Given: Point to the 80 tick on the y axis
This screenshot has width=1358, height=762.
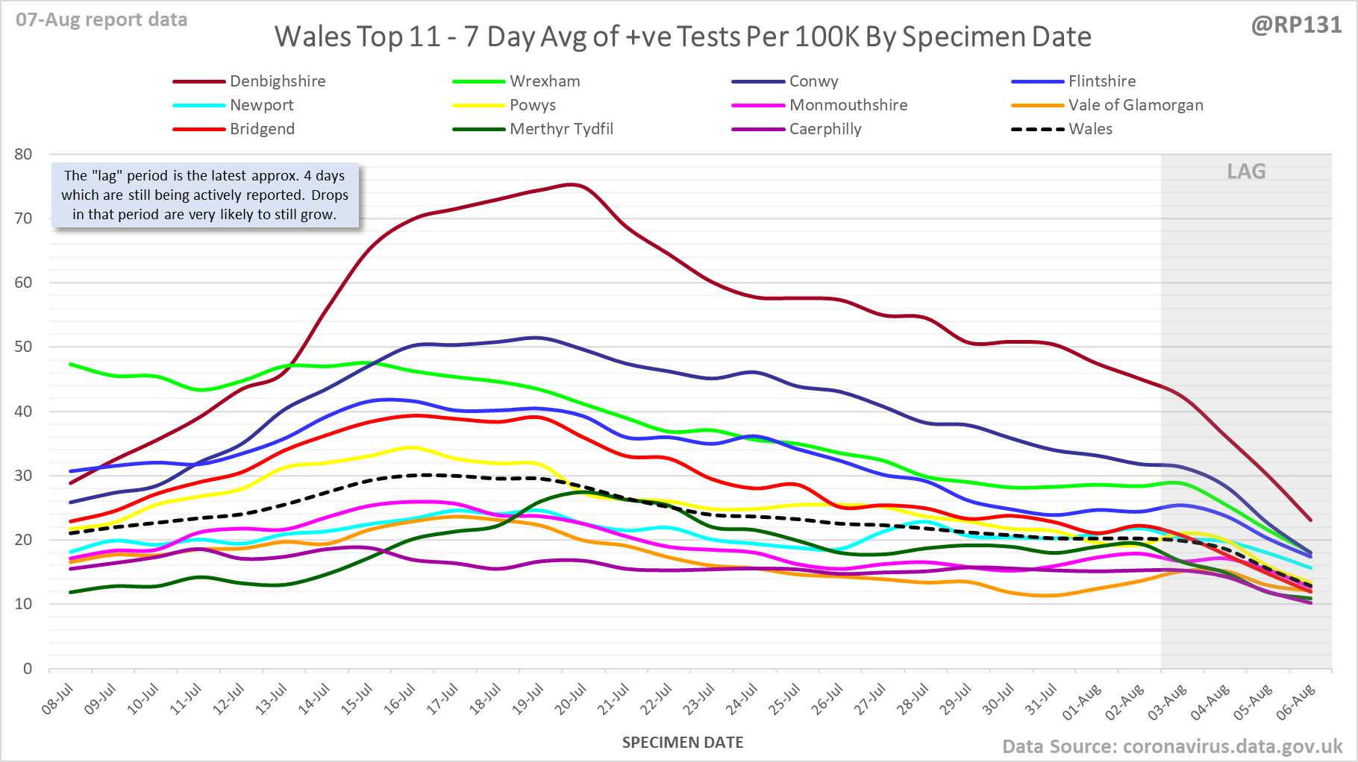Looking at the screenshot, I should [x=23, y=154].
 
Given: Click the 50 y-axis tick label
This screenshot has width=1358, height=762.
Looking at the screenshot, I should [x=23, y=347].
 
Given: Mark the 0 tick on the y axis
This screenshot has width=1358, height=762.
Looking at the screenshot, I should [x=28, y=668].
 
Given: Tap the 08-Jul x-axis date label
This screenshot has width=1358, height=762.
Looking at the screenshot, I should [x=58, y=699].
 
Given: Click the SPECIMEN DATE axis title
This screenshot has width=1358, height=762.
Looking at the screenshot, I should [x=683, y=743].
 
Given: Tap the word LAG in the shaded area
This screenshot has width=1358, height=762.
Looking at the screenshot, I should [x=1246, y=171].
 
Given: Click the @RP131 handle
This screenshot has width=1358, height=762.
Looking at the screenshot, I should [x=1296, y=25].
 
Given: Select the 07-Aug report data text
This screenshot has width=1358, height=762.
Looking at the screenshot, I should [x=101, y=20].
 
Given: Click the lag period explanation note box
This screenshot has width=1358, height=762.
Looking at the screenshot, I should [x=204, y=195].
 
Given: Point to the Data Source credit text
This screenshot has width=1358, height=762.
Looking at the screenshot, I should [x=1171, y=746].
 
